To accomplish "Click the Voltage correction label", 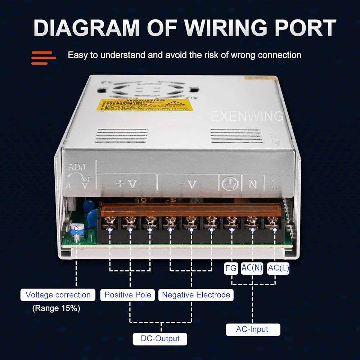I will click(x=58, y=295).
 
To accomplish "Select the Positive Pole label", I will click(x=128, y=295).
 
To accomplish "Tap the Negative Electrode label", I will click(x=196, y=295).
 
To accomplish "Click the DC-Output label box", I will click(x=161, y=339).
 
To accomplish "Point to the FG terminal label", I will click(x=231, y=268).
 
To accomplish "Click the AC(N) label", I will click(x=252, y=268).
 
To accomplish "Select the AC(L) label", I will click(x=278, y=268).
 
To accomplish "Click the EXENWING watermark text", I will click(x=247, y=116).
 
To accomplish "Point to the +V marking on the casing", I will click(x=126, y=184).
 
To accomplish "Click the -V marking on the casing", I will click(x=188, y=184).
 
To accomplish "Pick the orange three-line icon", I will click(x=44, y=58).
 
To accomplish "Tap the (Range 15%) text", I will click(x=56, y=308).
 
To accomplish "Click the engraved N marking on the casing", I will click(x=253, y=184).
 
